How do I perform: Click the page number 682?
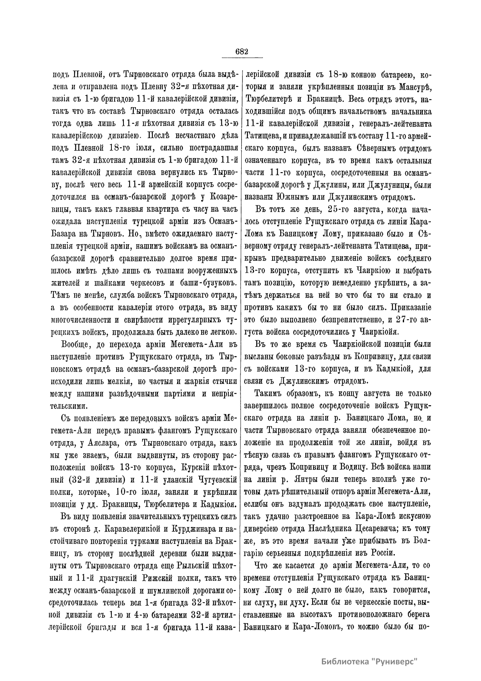(x=243, y=52)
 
